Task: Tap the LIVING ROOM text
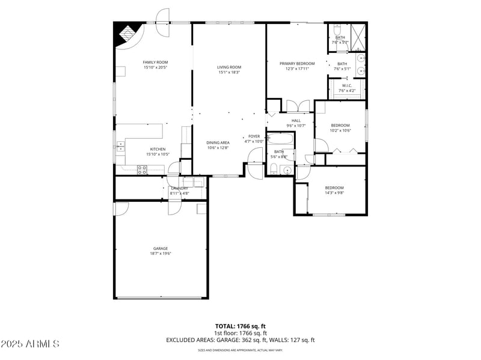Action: (x=229, y=67)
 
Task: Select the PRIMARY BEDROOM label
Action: (x=297, y=63)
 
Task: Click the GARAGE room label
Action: (x=160, y=248)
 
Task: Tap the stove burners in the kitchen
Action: (x=142, y=169)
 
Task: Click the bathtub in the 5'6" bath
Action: (x=281, y=140)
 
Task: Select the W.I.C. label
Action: (x=347, y=85)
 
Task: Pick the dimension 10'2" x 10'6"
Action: (x=340, y=130)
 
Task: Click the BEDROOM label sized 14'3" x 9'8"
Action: (x=334, y=188)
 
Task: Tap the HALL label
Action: (x=296, y=120)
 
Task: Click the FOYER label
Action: (x=254, y=136)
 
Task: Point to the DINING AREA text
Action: (x=218, y=142)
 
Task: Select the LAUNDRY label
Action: (x=179, y=188)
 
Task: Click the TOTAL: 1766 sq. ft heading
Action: (x=240, y=326)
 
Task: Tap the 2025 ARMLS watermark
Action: (x=30, y=344)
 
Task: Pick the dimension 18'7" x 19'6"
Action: (x=160, y=254)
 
